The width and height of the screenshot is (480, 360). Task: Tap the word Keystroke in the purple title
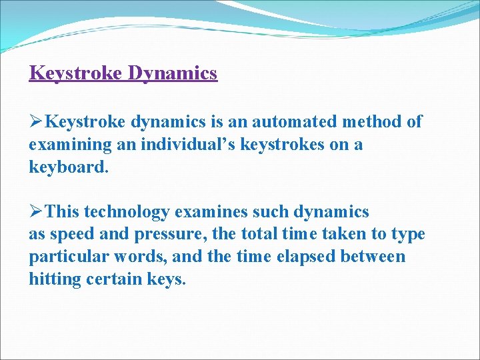pos(75,73)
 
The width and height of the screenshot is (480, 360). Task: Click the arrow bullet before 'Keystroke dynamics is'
pos(37,121)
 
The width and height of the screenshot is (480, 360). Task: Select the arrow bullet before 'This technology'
pos(37,212)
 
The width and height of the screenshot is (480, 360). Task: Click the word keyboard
pos(67,167)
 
